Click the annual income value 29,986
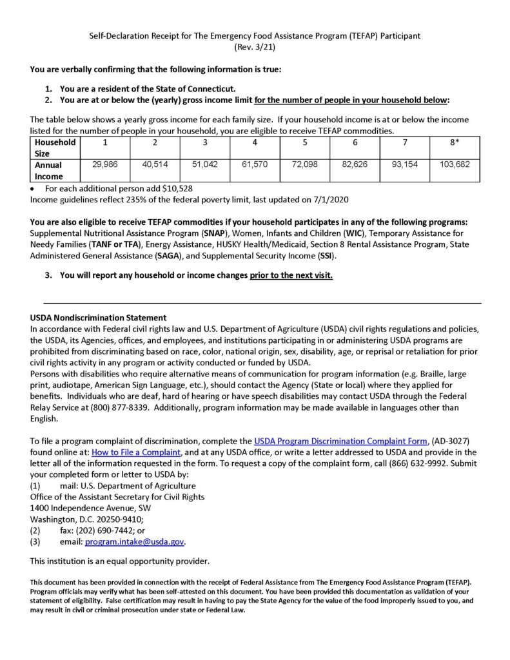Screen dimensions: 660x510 click(104, 165)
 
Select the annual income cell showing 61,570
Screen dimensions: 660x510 click(255, 165)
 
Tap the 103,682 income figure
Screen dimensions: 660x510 click(455, 165)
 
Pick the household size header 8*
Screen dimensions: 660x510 click(455, 142)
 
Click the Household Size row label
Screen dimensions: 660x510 click(55, 148)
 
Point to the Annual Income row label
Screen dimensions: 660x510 click(49, 171)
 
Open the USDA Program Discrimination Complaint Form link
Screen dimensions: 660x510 click(340, 441)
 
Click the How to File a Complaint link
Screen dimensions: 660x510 click(136, 452)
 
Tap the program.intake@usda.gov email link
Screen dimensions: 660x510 click(135, 542)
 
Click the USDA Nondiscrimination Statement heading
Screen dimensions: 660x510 click(98, 318)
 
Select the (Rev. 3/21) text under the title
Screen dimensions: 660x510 click(255, 47)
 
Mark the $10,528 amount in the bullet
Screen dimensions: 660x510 click(173, 188)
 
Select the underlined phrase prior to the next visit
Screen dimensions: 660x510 click(291, 275)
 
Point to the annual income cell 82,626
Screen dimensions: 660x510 click(355, 165)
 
